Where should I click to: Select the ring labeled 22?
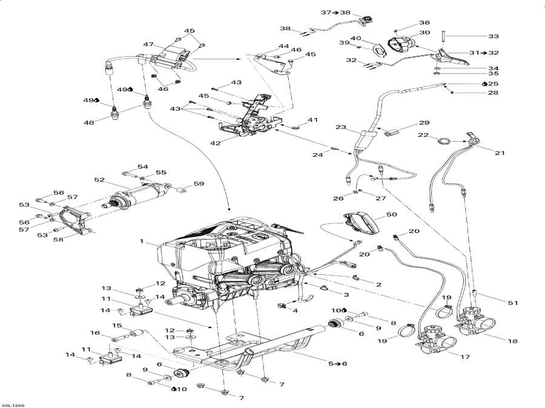point(444,142)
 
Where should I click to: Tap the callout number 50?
point(391,215)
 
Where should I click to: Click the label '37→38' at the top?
point(337,12)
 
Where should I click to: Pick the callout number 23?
point(341,128)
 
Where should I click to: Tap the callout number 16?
point(95,333)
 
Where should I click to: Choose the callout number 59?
point(198,183)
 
